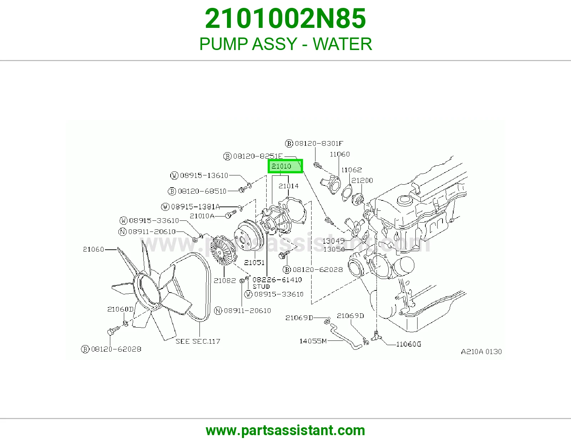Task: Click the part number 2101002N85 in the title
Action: (285, 19)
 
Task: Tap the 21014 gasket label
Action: (288, 186)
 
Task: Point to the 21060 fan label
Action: (94, 249)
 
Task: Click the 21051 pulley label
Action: (254, 262)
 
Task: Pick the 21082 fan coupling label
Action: (225, 280)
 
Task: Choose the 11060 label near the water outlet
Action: (340, 154)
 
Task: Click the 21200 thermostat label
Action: (362, 180)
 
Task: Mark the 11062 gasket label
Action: (352, 170)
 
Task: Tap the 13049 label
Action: (333, 241)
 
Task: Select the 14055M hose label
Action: (313, 341)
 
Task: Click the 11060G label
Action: (409, 344)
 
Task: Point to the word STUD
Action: (261, 287)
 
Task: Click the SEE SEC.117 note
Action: (198, 341)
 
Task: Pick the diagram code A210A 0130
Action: (481, 352)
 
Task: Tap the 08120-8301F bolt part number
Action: (319, 143)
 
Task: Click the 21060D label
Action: (121, 309)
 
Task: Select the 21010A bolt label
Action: (202, 216)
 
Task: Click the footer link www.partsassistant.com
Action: (285, 431)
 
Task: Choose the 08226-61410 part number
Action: (277, 279)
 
